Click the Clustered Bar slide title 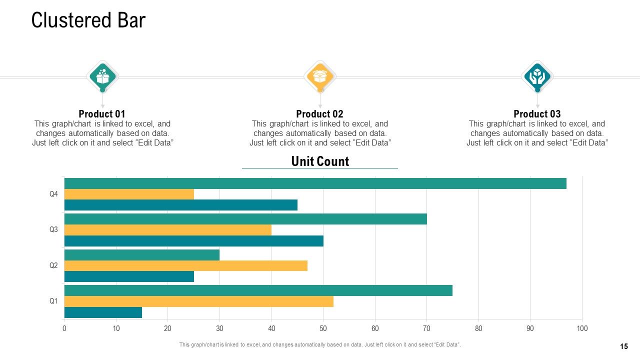pyautogui.click(x=88, y=20)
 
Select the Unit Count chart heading pyautogui.click(x=320, y=161)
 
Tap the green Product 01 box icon pyautogui.click(x=102, y=76)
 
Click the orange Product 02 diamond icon pyautogui.click(x=320, y=76)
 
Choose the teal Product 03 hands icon pyautogui.click(x=537, y=76)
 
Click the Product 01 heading pyautogui.click(x=102, y=114)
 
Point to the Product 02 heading pyautogui.click(x=319, y=114)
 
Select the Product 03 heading pyautogui.click(x=537, y=114)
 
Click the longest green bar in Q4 pyautogui.click(x=315, y=183)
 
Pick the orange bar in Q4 pyautogui.click(x=129, y=194)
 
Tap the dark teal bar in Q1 pyautogui.click(x=103, y=312)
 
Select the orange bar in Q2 pyautogui.click(x=186, y=265)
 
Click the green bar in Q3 pyautogui.click(x=245, y=219)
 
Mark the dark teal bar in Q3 pyautogui.click(x=194, y=241)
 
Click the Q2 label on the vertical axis pyautogui.click(x=53, y=265)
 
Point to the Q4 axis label pyautogui.click(x=53, y=194)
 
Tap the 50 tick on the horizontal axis pyautogui.click(x=323, y=328)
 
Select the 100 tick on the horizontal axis pyautogui.click(x=582, y=328)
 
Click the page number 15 pyautogui.click(x=624, y=346)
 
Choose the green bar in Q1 pyautogui.click(x=258, y=290)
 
